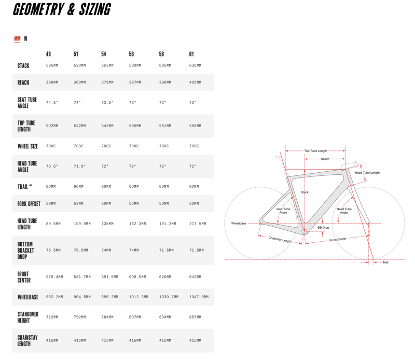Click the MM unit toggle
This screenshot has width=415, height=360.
coord(17,39)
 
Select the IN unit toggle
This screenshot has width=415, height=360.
coord(25,39)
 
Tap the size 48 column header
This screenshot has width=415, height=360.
coord(48,54)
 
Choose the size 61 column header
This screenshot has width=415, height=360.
coord(192,54)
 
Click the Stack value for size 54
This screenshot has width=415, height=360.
coord(107,66)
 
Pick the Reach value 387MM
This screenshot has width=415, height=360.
coord(135,82)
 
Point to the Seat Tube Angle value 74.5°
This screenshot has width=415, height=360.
coord(52,103)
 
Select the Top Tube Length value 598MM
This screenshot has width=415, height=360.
coord(195,126)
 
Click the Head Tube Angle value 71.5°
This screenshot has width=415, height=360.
coord(79,167)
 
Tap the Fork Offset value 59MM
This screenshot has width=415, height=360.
coord(51,204)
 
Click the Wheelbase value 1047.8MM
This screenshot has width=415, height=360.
coord(199,297)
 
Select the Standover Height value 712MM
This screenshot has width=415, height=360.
coord(52,317)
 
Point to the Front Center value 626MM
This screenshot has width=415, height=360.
coord(165,277)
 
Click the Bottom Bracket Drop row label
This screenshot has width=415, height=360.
coord(25,251)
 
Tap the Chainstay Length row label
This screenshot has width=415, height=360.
coord(27,340)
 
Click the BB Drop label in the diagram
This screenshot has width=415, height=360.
coord(323,228)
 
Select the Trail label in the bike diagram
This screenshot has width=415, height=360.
coord(385,262)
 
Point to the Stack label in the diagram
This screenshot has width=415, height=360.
coord(305,192)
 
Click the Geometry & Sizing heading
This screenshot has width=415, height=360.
coord(61,9)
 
